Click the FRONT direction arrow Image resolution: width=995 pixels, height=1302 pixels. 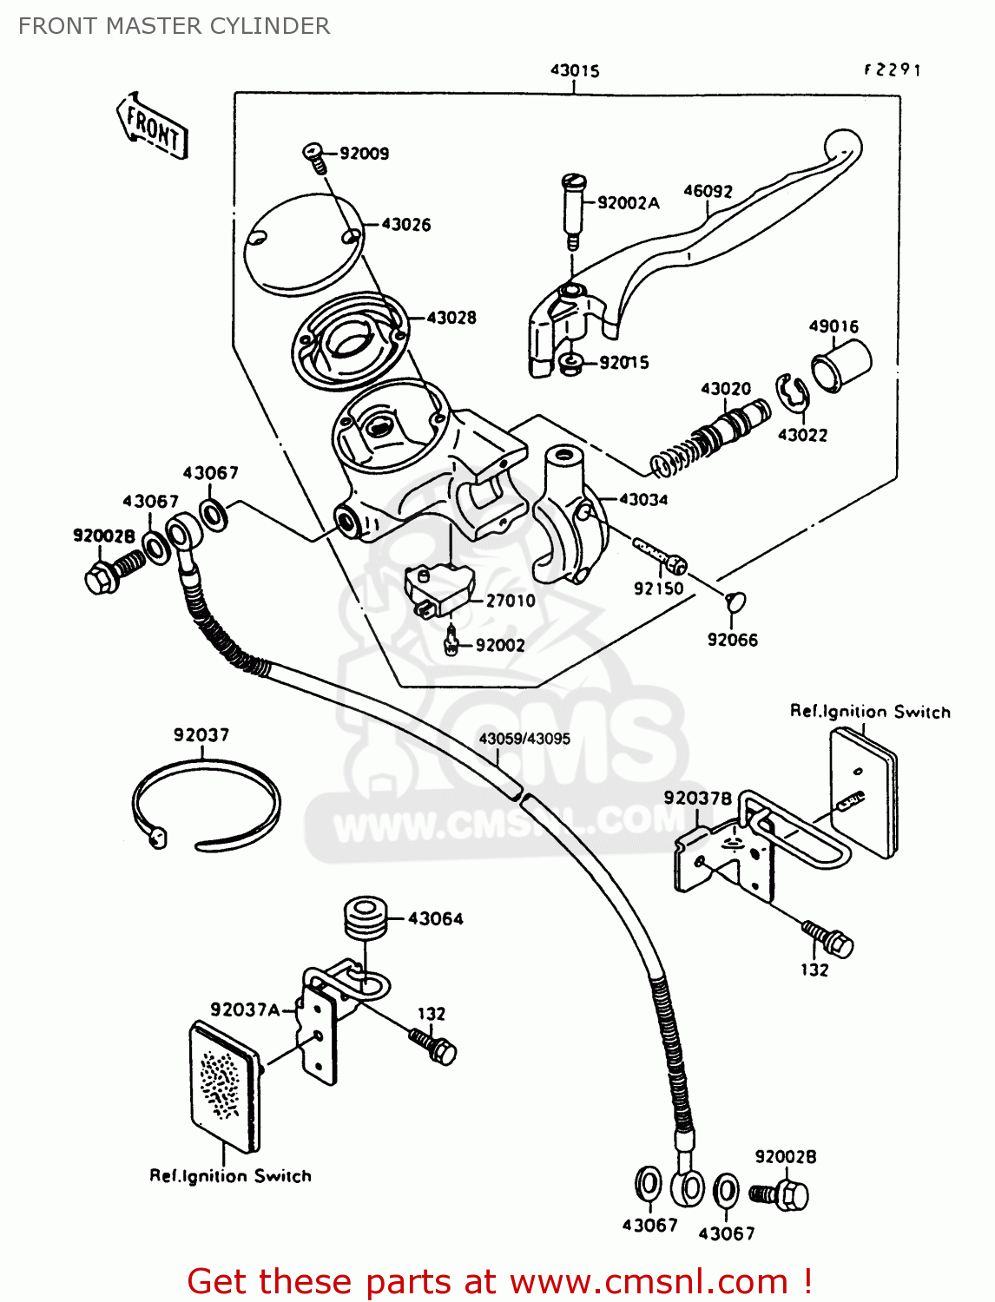coord(153,127)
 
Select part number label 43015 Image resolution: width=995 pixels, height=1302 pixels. coord(575,70)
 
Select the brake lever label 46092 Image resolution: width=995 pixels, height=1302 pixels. coord(708,191)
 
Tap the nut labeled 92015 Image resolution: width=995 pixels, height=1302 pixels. coord(571,363)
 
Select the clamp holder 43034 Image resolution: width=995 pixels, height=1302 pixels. coord(569,512)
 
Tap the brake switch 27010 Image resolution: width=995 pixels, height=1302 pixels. coord(440,590)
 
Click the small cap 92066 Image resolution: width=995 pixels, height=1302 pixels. coord(735,601)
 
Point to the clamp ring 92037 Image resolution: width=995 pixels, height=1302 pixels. coord(206,804)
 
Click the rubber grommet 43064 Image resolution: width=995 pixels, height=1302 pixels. coord(365,918)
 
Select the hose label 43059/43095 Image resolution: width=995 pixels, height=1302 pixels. coord(524,739)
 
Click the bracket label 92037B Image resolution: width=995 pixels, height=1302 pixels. coord(698,798)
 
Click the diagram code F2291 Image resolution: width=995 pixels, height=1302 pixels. coord(892,69)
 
